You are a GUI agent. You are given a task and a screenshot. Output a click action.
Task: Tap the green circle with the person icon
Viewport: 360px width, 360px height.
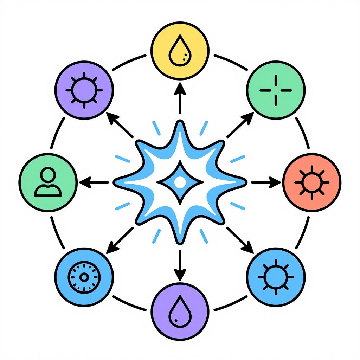(48, 182)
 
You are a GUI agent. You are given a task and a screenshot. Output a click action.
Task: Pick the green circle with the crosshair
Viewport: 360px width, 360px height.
(276, 90)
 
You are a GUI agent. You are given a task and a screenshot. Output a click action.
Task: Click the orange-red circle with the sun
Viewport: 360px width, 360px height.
(311, 182)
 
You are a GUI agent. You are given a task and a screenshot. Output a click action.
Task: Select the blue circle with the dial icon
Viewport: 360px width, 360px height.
(84, 277)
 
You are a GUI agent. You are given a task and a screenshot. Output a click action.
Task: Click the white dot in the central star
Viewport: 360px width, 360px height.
(180, 182)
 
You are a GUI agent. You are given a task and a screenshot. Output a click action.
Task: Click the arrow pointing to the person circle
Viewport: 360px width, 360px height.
(94, 182)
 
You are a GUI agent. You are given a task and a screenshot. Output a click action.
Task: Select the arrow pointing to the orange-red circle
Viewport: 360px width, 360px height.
(266, 182)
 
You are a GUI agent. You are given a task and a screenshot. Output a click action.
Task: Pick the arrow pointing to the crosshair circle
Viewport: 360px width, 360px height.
(240, 125)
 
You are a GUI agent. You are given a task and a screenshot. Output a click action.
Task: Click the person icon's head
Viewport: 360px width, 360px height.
(48, 174)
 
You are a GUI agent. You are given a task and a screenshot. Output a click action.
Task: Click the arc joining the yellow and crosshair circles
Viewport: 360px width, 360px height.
(231, 62)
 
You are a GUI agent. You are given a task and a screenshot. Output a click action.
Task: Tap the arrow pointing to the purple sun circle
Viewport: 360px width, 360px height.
(120, 125)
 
